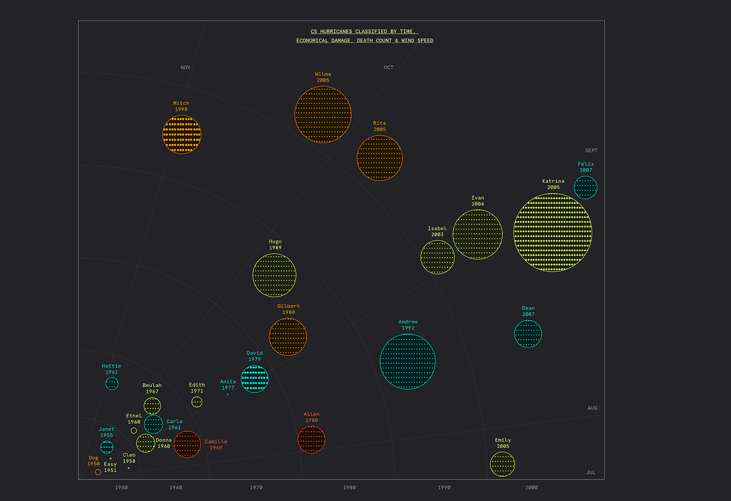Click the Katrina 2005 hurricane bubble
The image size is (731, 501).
552,232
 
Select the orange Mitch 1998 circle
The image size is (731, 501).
182,135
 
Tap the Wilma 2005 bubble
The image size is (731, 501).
323,115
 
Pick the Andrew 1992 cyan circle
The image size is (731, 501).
407,361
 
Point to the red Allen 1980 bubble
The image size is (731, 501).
311,439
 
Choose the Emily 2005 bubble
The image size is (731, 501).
502,464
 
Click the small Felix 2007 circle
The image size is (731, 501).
585,187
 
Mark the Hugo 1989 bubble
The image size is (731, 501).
274,275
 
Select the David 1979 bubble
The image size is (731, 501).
254,379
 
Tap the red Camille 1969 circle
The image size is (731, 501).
187,444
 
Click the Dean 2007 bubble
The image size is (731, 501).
528,334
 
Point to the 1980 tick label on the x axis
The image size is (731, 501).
349,487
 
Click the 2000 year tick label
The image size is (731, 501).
531,487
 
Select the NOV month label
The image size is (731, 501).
185,67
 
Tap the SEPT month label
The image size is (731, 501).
591,150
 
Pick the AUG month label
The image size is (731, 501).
592,408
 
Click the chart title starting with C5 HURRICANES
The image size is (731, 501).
364,36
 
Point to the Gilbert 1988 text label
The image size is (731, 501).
288,309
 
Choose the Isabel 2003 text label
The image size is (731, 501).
437,231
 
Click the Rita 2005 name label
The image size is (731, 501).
380,126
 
